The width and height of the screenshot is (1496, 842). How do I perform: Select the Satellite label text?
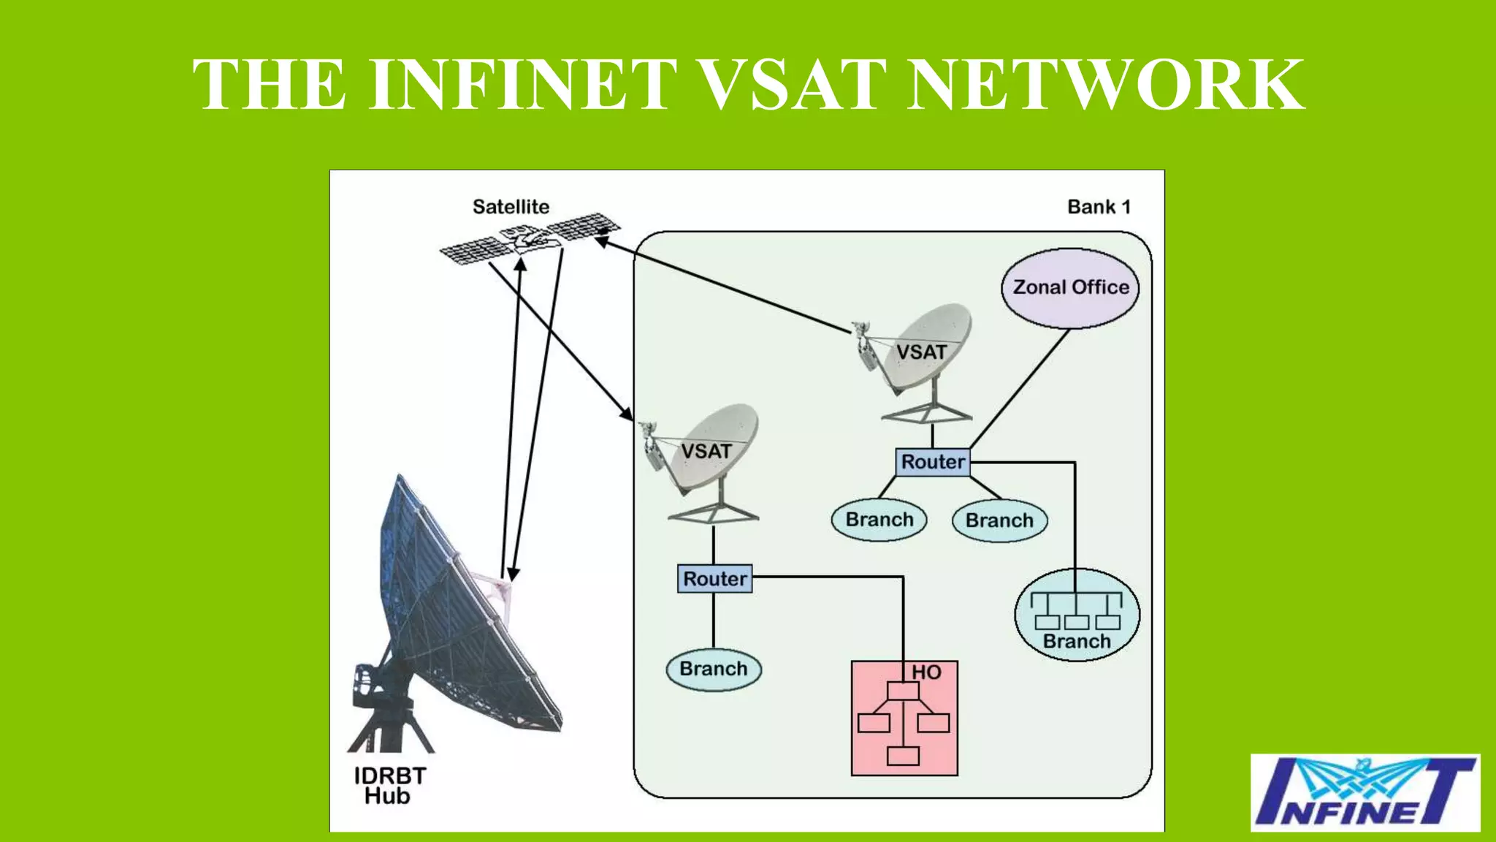click(x=511, y=207)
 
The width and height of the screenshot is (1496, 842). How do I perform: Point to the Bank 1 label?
click(x=1099, y=207)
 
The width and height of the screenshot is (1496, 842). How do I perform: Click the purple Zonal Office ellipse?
click(x=1070, y=288)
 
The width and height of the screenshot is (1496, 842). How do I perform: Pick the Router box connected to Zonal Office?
click(x=933, y=462)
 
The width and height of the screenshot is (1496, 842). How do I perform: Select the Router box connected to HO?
click(x=714, y=579)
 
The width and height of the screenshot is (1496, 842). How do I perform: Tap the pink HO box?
click(x=904, y=718)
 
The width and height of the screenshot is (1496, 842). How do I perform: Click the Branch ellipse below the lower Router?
click(x=714, y=669)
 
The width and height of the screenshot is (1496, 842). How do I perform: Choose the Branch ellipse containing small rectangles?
click(x=1077, y=615)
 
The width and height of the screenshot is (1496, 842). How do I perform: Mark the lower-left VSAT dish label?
click(x=706, y=451)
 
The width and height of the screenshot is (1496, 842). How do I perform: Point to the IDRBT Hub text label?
click(x=389, y=786)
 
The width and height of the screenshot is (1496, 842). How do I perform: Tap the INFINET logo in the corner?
click(x=1365, y=792)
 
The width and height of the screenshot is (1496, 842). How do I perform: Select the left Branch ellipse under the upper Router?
click(x=879, y=520)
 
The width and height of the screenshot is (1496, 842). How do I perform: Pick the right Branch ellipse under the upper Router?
click(x=999, y=520)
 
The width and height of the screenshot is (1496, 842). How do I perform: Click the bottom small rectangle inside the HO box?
click(x=903, y=756)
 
